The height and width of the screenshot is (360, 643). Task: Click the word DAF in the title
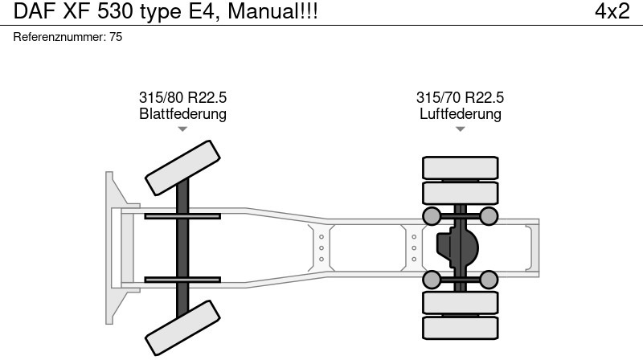(x=31, y=12)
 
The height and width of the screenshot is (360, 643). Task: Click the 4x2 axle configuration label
(x=612, y=12)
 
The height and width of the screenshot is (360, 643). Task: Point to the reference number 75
(x=116, y=37)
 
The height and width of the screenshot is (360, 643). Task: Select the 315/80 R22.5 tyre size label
(x=182, y=98)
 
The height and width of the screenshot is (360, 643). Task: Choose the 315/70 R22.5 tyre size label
(x=460, y=98)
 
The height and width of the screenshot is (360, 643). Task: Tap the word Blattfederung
(x=182, y=114)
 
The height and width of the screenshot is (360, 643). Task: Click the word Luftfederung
(x=460, y=114)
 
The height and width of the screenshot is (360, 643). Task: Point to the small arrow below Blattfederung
(x=182, y=129)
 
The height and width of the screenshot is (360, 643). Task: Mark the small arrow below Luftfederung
(x=460, y=129)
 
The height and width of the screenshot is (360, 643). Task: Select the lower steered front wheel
(x=182, y=329)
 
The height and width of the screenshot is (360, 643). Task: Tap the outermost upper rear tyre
(x=460, y=167)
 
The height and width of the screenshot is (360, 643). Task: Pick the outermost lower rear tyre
(x=460, y=327)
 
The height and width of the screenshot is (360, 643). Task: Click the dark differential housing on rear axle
(x=457, y=247)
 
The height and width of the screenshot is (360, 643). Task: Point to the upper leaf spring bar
(x=182, y=216)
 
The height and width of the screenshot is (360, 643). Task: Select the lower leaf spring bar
(x=182, y=280)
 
